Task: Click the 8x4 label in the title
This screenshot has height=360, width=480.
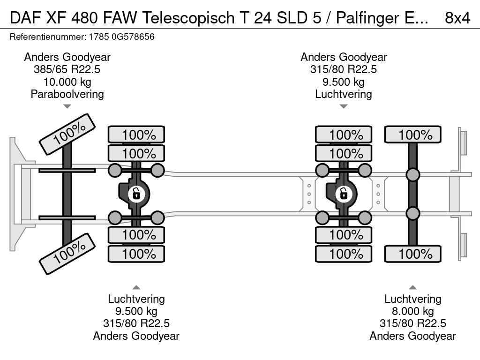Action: (x=457, y=18)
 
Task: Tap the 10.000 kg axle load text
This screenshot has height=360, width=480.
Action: (x=67, y=82)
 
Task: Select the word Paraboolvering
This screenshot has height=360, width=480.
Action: (x=67, y=94)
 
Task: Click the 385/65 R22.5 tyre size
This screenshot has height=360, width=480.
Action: (x=67, y=70)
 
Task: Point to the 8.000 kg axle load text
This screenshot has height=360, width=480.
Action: (x=412, y=311)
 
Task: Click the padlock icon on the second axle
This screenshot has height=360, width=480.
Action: (x=136, y=193)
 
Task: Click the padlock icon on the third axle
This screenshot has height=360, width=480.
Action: (x=343, y=193)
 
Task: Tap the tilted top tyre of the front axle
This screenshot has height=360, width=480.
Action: (x=67, y=134)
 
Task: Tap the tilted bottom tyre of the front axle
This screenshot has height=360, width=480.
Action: (x=67, y=253)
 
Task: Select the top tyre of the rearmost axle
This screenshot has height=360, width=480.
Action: (x=412, y=135)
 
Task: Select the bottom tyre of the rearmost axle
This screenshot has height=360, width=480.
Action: (x=412, y=254)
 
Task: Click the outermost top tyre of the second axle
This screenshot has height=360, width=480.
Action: (x=136, y=135)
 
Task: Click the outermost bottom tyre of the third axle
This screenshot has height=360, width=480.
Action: (x=343, y=254)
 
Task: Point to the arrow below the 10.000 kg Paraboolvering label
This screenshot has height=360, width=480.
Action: (x=67, y=106)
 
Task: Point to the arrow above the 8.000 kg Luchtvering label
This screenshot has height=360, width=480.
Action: (x=412, y=287)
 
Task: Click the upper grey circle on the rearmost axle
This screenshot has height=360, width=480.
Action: (x=412, y=175)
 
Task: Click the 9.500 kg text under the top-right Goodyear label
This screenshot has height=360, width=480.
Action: (x=344, y=82)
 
